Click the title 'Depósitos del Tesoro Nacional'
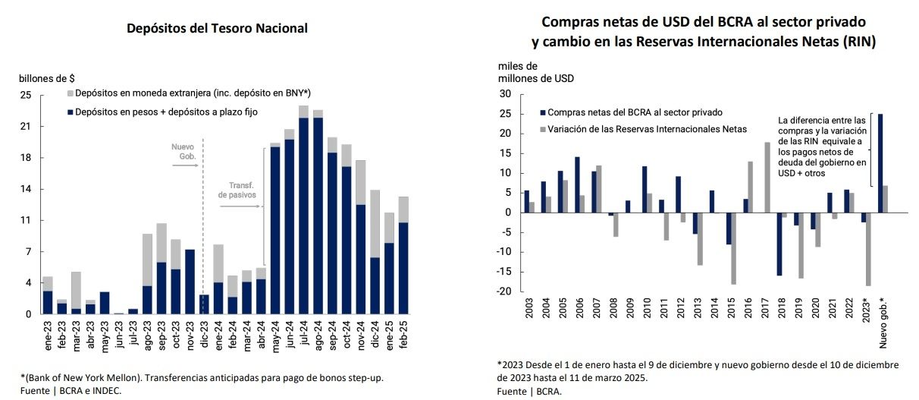point(217,29)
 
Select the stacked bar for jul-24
point(303,213)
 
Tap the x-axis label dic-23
point(203,334)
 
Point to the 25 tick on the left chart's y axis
point(26,95)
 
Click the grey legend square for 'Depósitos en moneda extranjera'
point(70,93)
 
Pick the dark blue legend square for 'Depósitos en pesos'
point(70,112)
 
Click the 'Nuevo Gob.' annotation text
point(184,151)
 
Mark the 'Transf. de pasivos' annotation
point(238,190)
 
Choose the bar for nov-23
point(190,281)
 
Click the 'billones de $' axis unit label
point(47,78)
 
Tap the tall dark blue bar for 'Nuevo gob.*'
point(880,162)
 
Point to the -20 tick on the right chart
point(505,291)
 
